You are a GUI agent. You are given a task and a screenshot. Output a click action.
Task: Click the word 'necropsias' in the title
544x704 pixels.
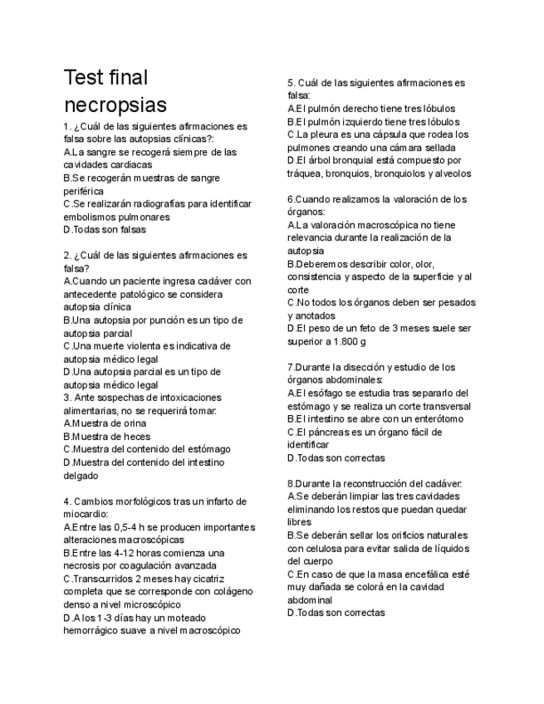[115, 105]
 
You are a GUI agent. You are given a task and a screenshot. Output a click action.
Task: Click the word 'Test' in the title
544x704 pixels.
[82, 78]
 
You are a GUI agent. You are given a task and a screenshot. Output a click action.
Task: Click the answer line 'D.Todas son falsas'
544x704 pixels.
[105, 229]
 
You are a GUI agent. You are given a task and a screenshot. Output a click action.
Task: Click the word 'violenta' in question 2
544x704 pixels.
[144, 345]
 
